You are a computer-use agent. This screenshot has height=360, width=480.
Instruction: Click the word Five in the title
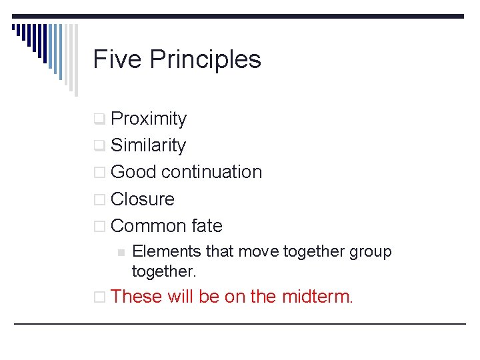pyautogui.click(x=117, y=59)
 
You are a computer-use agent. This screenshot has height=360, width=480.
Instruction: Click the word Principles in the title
pyautogui.click(x=205, y=60)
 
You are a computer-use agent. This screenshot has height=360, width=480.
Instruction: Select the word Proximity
pyautogui.click(x=149, y=119)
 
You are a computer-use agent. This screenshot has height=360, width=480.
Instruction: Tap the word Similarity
pyautogui.click(x=148, y=145)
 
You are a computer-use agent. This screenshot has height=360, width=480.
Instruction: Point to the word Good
pyautogui.click(x=133, y=172)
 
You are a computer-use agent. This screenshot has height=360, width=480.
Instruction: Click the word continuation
pyautogui.click(x=212, y=172)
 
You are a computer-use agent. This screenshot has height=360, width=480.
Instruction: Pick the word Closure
pyautogui.click(x=143, y=199)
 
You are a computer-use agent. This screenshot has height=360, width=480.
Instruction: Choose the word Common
pyautogui.click(x=149, y=225)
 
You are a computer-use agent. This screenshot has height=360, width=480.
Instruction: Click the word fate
pyautogui.click(x=207, y=225)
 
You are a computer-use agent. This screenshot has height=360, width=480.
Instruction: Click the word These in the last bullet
pyautogui.click(x=137, y=296)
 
